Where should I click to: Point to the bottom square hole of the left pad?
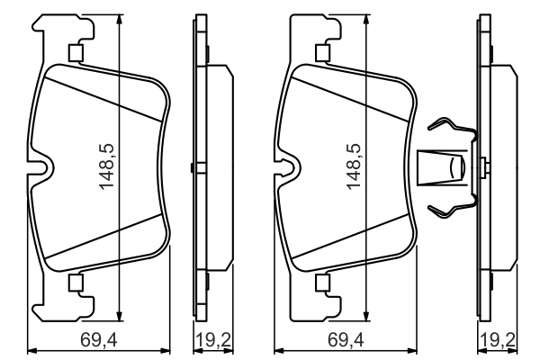[76, 283]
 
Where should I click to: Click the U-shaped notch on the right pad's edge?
[288, 167]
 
